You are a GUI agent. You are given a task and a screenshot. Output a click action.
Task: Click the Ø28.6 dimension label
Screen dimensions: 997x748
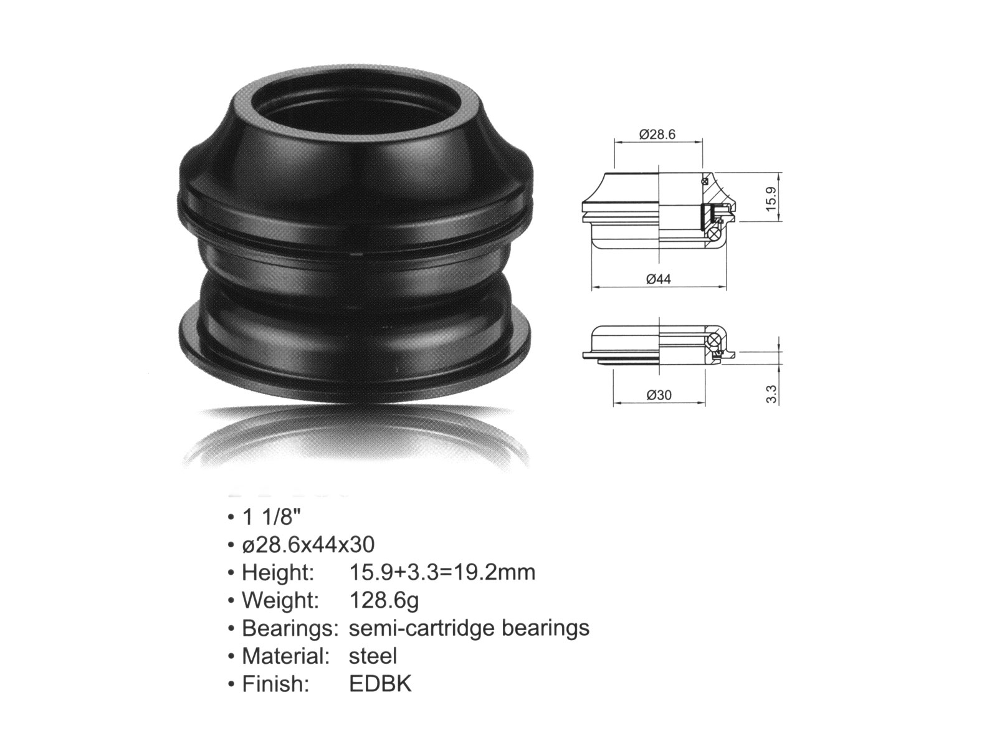(657, 135)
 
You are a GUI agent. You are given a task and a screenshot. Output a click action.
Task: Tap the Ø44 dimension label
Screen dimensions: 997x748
(659, 279)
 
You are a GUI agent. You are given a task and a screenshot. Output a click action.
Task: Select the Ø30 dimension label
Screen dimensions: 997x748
(659, 395)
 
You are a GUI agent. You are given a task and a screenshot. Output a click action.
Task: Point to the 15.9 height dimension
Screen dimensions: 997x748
(771, 198)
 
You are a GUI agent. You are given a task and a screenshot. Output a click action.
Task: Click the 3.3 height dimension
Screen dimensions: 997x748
(771, 394)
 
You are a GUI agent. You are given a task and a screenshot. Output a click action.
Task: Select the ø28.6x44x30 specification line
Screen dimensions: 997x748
(308, 545)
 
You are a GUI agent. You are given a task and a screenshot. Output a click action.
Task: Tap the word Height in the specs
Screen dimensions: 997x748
(277, 572)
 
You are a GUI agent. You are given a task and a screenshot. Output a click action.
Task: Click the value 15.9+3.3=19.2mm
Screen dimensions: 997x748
(442, 572)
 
